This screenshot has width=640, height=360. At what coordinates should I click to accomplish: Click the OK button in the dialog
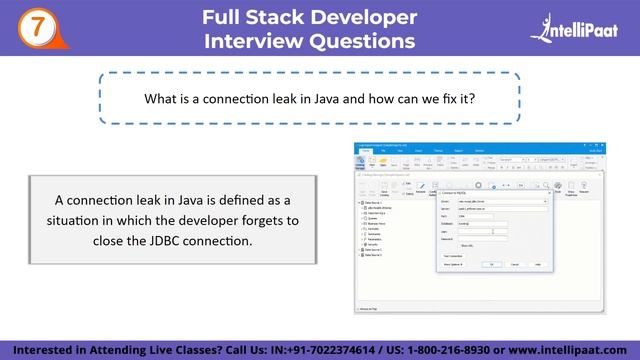point(491,264)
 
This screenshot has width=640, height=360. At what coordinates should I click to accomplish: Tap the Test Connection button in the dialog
point(452,255)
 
